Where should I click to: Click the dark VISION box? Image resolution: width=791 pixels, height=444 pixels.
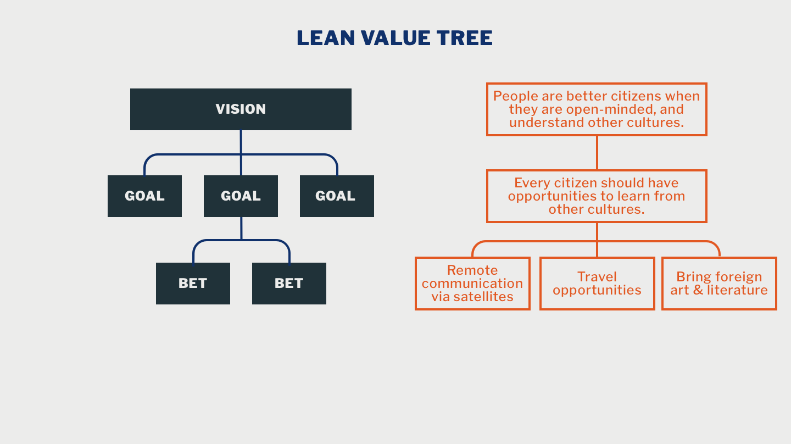(x=241, y=109)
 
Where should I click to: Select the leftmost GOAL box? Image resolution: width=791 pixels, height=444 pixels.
(x=144, y=196)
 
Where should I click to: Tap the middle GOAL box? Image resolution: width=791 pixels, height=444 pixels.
(x=241, y=196)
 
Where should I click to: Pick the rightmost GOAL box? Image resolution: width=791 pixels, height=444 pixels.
(x=337, y=196)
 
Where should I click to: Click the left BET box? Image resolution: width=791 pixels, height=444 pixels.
(x=193, y=284)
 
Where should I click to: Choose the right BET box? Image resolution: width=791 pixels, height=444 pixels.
(x=289, y=284)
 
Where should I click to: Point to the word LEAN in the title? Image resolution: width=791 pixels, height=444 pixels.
(x=320, y=38)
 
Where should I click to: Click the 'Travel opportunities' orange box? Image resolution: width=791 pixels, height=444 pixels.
(x=597, y=284)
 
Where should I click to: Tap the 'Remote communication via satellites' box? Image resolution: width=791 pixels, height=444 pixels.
(x=472, y=284)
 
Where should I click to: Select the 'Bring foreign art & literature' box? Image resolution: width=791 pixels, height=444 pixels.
(x=719, y=284)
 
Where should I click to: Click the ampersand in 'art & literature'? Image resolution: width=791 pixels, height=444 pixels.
(x=698, y=290)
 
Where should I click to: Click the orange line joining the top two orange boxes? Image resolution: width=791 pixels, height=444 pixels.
(x=597, y=153)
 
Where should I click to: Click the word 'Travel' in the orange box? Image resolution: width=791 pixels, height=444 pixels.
(x=597, y=277)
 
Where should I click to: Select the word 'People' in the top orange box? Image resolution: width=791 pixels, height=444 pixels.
(x=515, y=96)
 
